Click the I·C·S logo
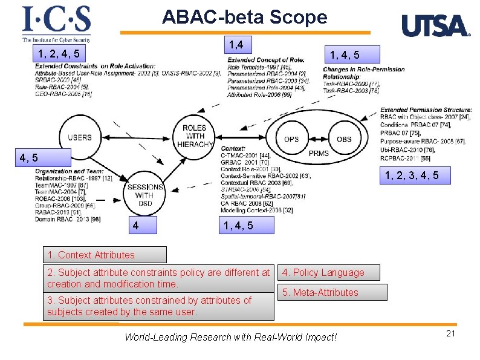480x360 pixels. tap(56, 24)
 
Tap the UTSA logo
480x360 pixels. tap(435, 26)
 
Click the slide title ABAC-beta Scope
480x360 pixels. tap(244, 17)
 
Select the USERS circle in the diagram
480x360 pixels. tap(80, 137)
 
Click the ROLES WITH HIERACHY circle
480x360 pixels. tap(195, 136)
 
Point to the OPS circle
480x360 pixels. tap(291, 139)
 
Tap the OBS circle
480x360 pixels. tap(343, 139)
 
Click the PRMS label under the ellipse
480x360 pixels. tap(318, 154)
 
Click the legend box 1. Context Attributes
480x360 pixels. tap(105, 255)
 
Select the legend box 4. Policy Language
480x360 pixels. tap(329, 273)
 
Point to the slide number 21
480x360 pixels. tap(450, 335)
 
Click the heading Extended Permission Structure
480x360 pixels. tap(426, 110)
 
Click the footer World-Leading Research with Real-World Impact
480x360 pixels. tap(230, 337)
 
